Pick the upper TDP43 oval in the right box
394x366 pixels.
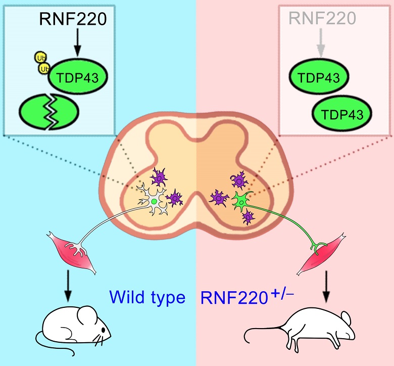click(x=319, y=78)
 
